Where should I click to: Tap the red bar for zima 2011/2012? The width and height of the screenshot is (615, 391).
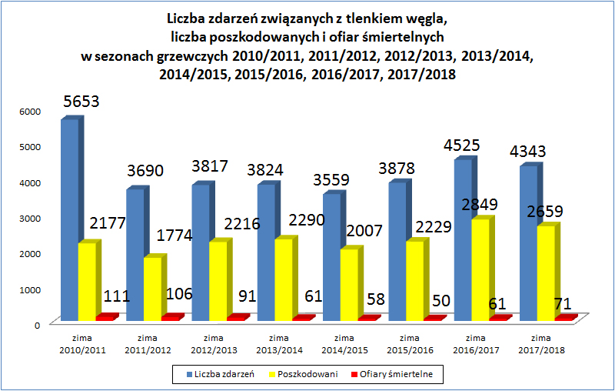[x=171, y=317]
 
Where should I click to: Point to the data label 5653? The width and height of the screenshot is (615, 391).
[x=81, y=102]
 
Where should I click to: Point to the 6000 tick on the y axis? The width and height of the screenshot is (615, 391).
[x=28, y=111]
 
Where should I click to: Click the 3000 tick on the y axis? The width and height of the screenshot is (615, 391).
[x=28, y=218]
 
